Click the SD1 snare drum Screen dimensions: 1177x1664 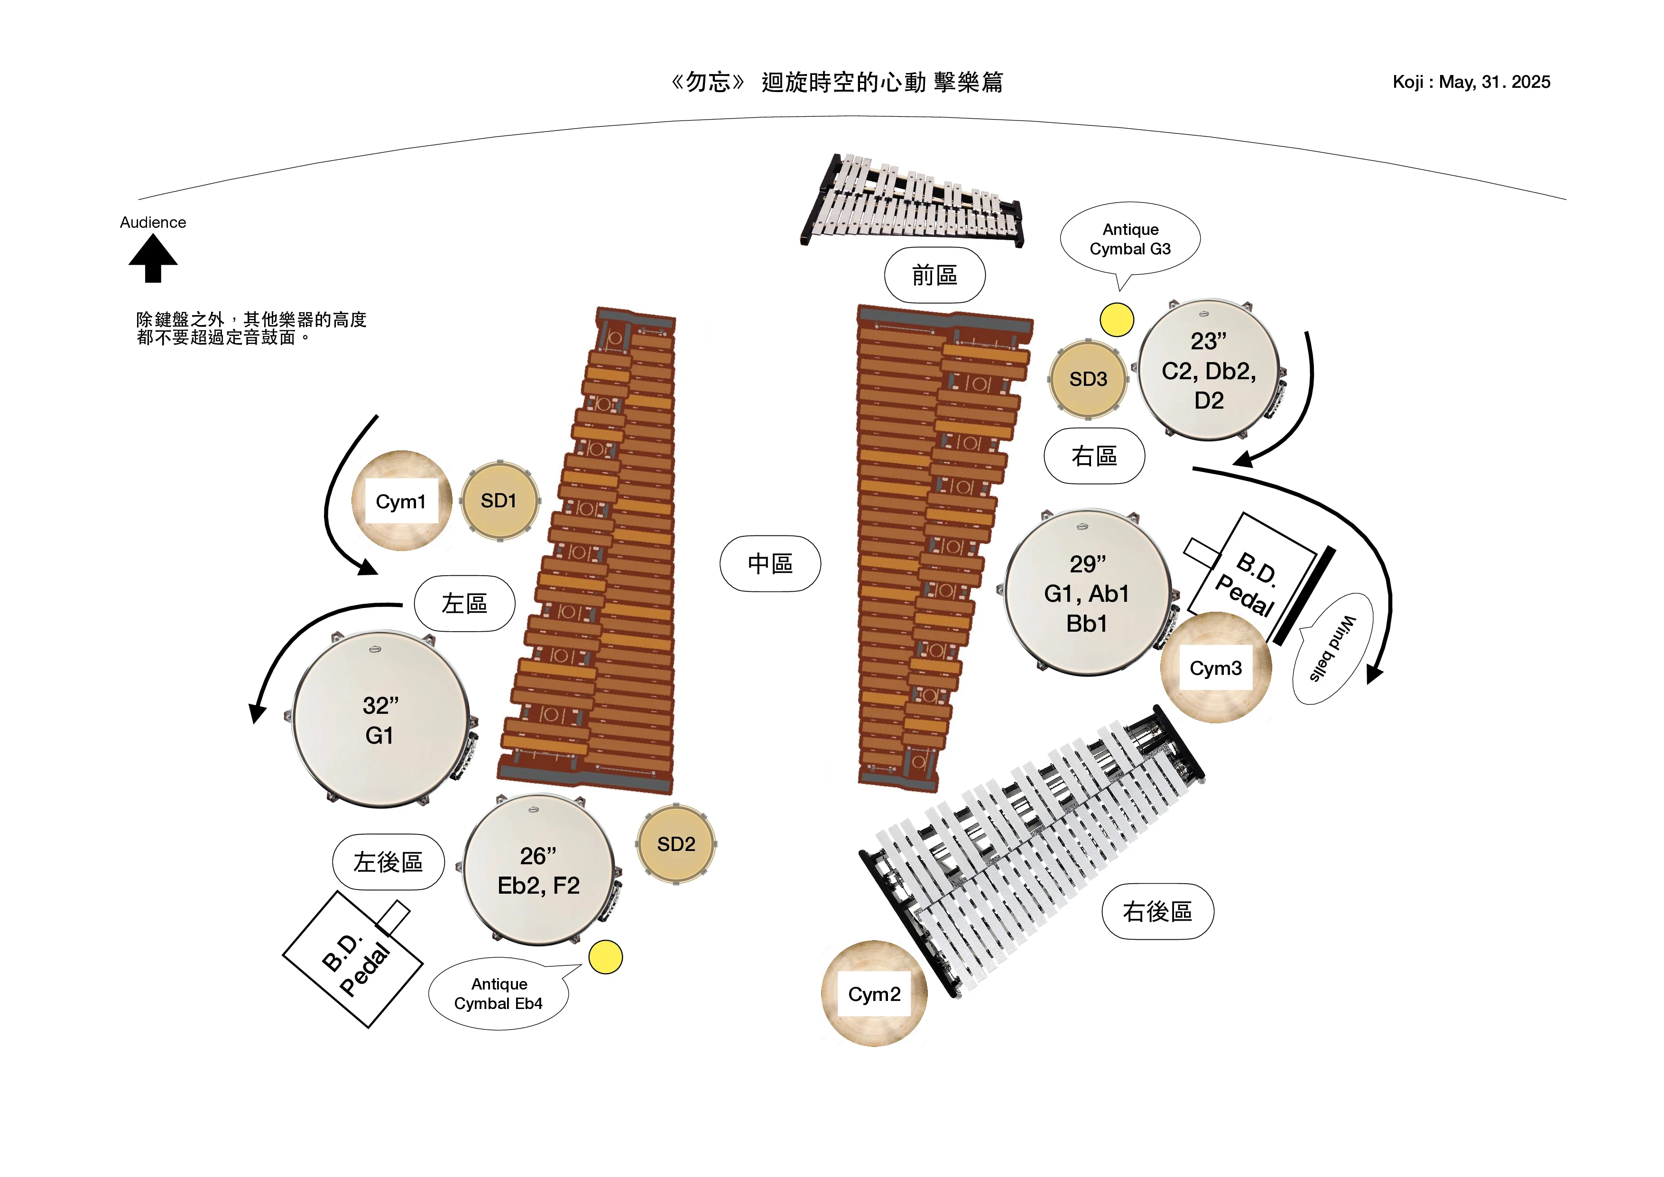(499, 500)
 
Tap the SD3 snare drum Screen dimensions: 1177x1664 (1088, 379)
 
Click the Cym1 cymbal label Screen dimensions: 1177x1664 (401, 501)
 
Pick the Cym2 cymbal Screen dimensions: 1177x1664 (874, 993)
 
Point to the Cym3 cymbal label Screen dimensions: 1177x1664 (1215, 668)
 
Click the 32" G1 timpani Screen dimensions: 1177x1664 (380, 719)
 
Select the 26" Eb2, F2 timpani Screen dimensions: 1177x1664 (538, 870)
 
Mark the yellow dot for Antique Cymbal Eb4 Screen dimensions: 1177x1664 (605, 957)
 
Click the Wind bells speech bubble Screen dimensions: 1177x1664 (1332, 648)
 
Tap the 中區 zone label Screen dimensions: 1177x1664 (770, 563)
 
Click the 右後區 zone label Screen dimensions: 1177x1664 (1157, 912)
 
